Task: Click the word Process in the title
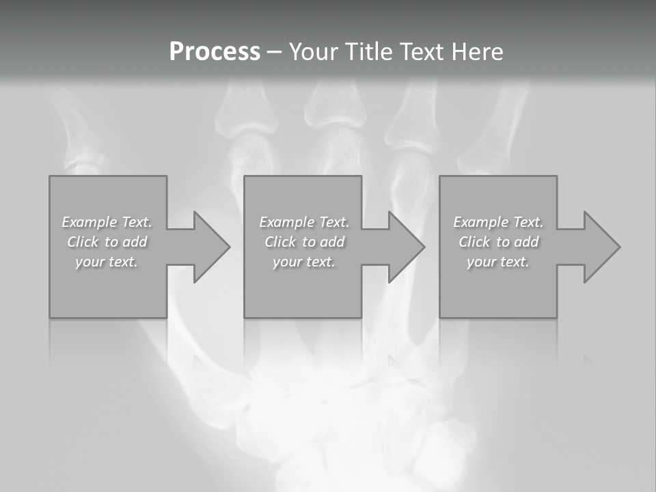pos(215,52)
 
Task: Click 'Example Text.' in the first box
pos(107,222)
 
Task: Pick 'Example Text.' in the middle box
pos(304,222)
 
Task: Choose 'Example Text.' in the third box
pos(498,222)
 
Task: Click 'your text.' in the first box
pos(107,262)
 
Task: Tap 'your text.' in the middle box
pos(304,262)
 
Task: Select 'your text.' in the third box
pos(498,262)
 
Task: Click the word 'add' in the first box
pos(135,242)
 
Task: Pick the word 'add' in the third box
pos(527,242)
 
